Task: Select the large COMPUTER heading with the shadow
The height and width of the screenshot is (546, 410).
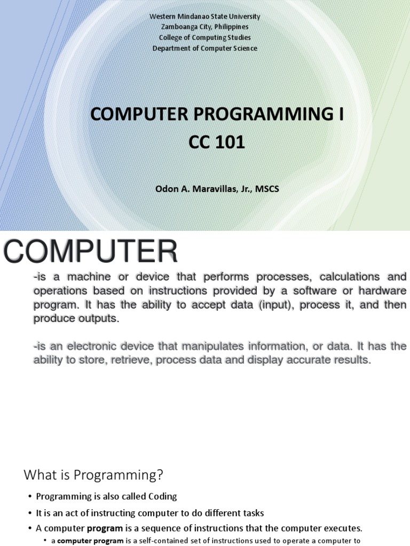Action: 91,252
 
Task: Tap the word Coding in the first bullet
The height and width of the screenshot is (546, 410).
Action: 160,496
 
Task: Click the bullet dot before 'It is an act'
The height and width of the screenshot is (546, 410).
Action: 30,513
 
